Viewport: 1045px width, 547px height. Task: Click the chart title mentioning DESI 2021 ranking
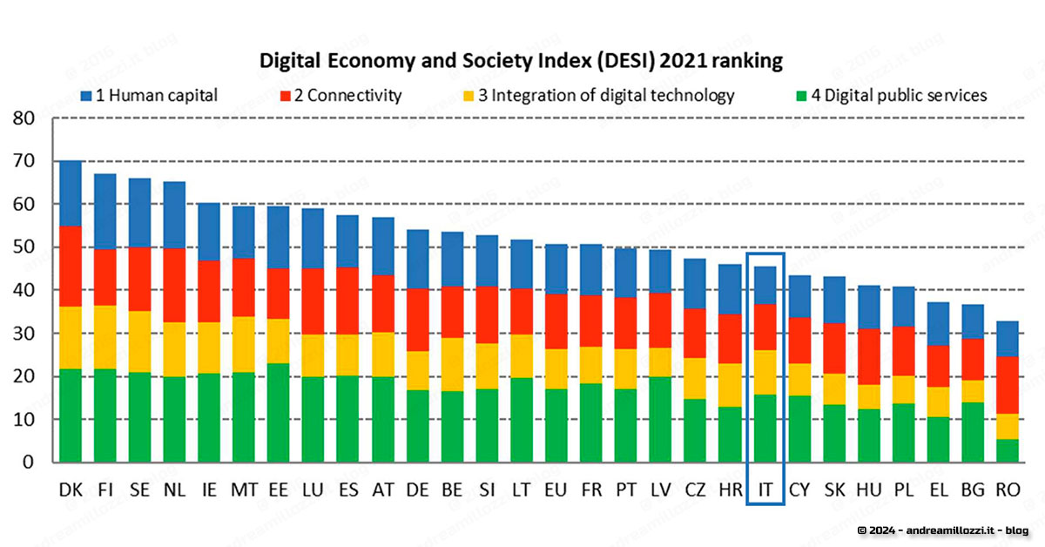522,62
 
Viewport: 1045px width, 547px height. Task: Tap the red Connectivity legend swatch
287,96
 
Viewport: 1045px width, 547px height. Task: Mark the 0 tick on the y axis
28,463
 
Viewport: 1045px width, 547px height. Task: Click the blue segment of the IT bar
765,286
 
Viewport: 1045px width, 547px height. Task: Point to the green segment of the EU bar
556,425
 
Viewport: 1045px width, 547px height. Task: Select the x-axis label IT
765,490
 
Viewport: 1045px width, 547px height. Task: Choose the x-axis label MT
244,490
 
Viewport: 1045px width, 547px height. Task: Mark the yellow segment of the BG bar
973,391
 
